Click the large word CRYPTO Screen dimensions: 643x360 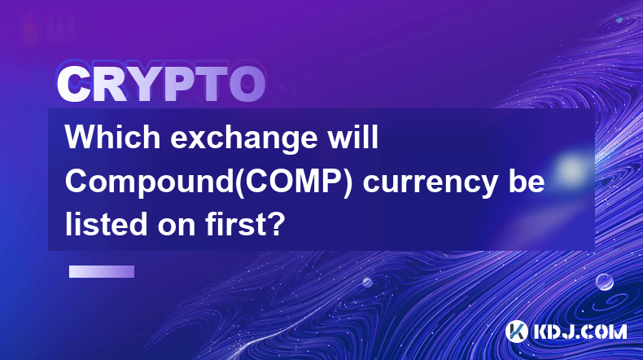pyautogui.click(x=162, y=85)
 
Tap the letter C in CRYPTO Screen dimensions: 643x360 pyautogui.click(x=73, y=85)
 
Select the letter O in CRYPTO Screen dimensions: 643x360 pyautogui.click(x=247, y=85)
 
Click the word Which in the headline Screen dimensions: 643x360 pyautogui.click(x=112, y=137)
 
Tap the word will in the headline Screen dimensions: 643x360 pyautogui.click(x=353, y=137)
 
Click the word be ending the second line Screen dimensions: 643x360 pyautogui.click(x=527, y=182)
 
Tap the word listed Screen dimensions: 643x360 pyautogui.click(x=106, y=225)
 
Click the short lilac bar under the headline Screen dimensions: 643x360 pyautogui.click(x=102, y=272)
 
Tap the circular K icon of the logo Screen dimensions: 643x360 pyautogui.click(x=517, y=331)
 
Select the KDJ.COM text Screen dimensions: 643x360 pyautogui.click(x=580, y=331)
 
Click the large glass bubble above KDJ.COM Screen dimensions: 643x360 pyautogui.click(x=605, y=282)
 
